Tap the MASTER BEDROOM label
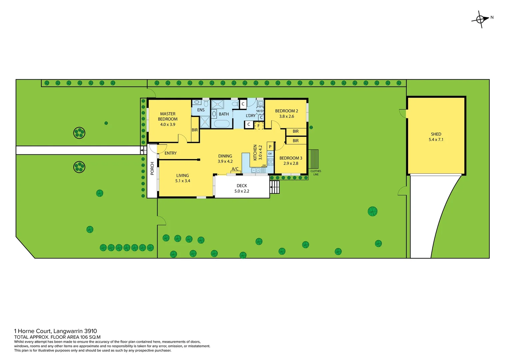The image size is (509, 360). click(x=168, y=116)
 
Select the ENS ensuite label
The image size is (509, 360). click(x=201, y=110)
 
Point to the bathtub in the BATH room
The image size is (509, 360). click(x=222, y=124)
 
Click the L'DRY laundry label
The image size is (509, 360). click(x=251, y=116)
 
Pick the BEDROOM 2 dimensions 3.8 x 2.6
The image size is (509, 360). click(x=286, y=116)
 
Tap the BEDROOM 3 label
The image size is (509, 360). click(x=290, y=158)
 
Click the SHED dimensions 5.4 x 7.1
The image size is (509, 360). click(x=436, y=140)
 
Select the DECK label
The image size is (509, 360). click(x=242, y=186)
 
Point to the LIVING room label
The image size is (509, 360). click(x=183, y=175)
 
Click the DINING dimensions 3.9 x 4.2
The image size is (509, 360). click(x=225, y=161)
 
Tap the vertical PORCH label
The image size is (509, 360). click(x=152, y=168)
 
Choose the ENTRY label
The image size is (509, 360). click(x=171, y=153)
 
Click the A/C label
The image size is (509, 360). click(x=235, y=169)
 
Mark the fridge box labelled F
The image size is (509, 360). click(x=259, y=126)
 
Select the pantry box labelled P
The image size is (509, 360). click(x=270, y=147)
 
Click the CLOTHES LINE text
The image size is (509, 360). click(x=316, y=173)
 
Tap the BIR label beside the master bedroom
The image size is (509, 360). click(x=195, y=130)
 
